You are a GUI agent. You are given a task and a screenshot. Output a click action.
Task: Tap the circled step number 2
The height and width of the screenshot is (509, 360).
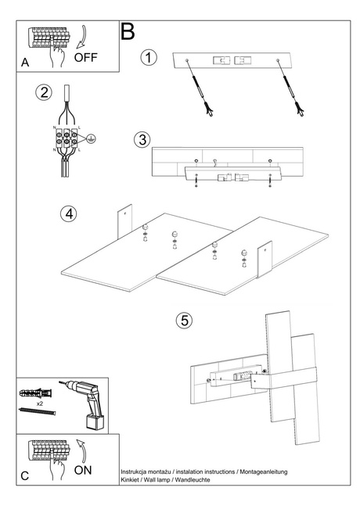[45, 93]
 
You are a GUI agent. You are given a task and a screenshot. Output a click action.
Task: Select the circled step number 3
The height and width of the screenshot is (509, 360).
[142, 140]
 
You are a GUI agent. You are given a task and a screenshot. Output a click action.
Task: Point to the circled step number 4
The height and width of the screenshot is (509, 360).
[70, 213]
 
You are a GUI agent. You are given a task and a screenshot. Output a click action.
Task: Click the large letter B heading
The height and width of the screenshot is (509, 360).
[128, 31]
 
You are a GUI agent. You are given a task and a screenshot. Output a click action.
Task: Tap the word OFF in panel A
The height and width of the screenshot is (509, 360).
[88, 57]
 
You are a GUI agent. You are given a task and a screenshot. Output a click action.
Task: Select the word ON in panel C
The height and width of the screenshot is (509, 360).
[84, 471]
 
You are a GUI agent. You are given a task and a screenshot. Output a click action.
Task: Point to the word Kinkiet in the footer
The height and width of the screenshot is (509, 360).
[131, 479]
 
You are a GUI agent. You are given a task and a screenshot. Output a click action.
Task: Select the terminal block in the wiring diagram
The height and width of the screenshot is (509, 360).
[66, 138]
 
